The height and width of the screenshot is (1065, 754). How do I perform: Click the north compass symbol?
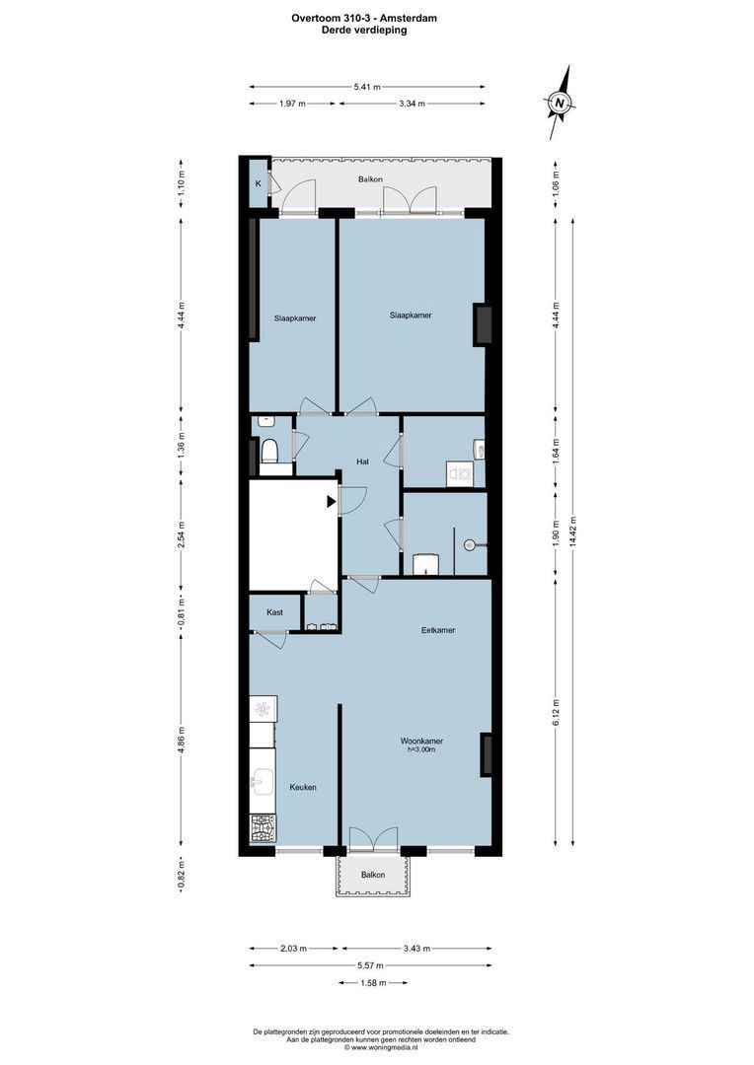(560, 102)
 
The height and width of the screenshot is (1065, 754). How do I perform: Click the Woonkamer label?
(421, 742)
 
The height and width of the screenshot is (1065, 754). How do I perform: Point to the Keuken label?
(303, 787)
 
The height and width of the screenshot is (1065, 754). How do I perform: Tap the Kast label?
(275, 612)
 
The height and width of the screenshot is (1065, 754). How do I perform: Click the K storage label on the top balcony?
(259, 183)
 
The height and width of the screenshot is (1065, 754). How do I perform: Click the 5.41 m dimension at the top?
(367, 87)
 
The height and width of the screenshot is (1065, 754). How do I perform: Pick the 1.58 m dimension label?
(371, 982)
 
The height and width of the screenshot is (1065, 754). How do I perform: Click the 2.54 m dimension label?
(180, 532)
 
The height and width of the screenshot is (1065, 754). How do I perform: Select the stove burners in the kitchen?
(263, 828)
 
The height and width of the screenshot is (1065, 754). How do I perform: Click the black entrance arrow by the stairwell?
(332, 502)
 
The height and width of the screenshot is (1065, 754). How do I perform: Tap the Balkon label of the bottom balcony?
(372, 875)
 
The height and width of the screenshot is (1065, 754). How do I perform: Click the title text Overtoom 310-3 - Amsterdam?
(364, 17)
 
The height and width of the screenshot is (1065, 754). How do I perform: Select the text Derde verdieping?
(364, 30)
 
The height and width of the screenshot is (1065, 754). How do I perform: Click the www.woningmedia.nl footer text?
(382, 1047)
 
